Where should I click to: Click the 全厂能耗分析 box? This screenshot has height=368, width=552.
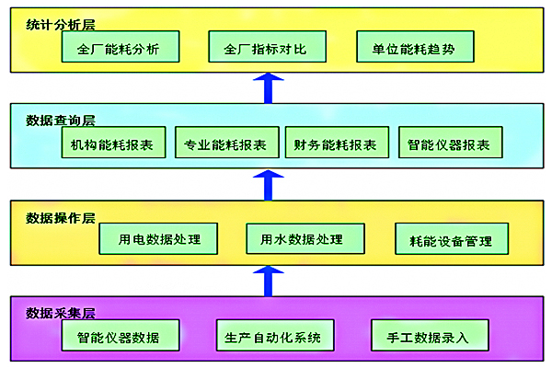120,48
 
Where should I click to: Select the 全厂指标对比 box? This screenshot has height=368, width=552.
266,48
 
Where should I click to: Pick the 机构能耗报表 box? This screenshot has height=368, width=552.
112,144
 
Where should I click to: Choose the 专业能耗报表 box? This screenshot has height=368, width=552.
225,144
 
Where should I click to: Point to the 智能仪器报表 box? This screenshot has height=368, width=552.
450,144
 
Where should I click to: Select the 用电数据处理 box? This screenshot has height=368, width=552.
161,239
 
